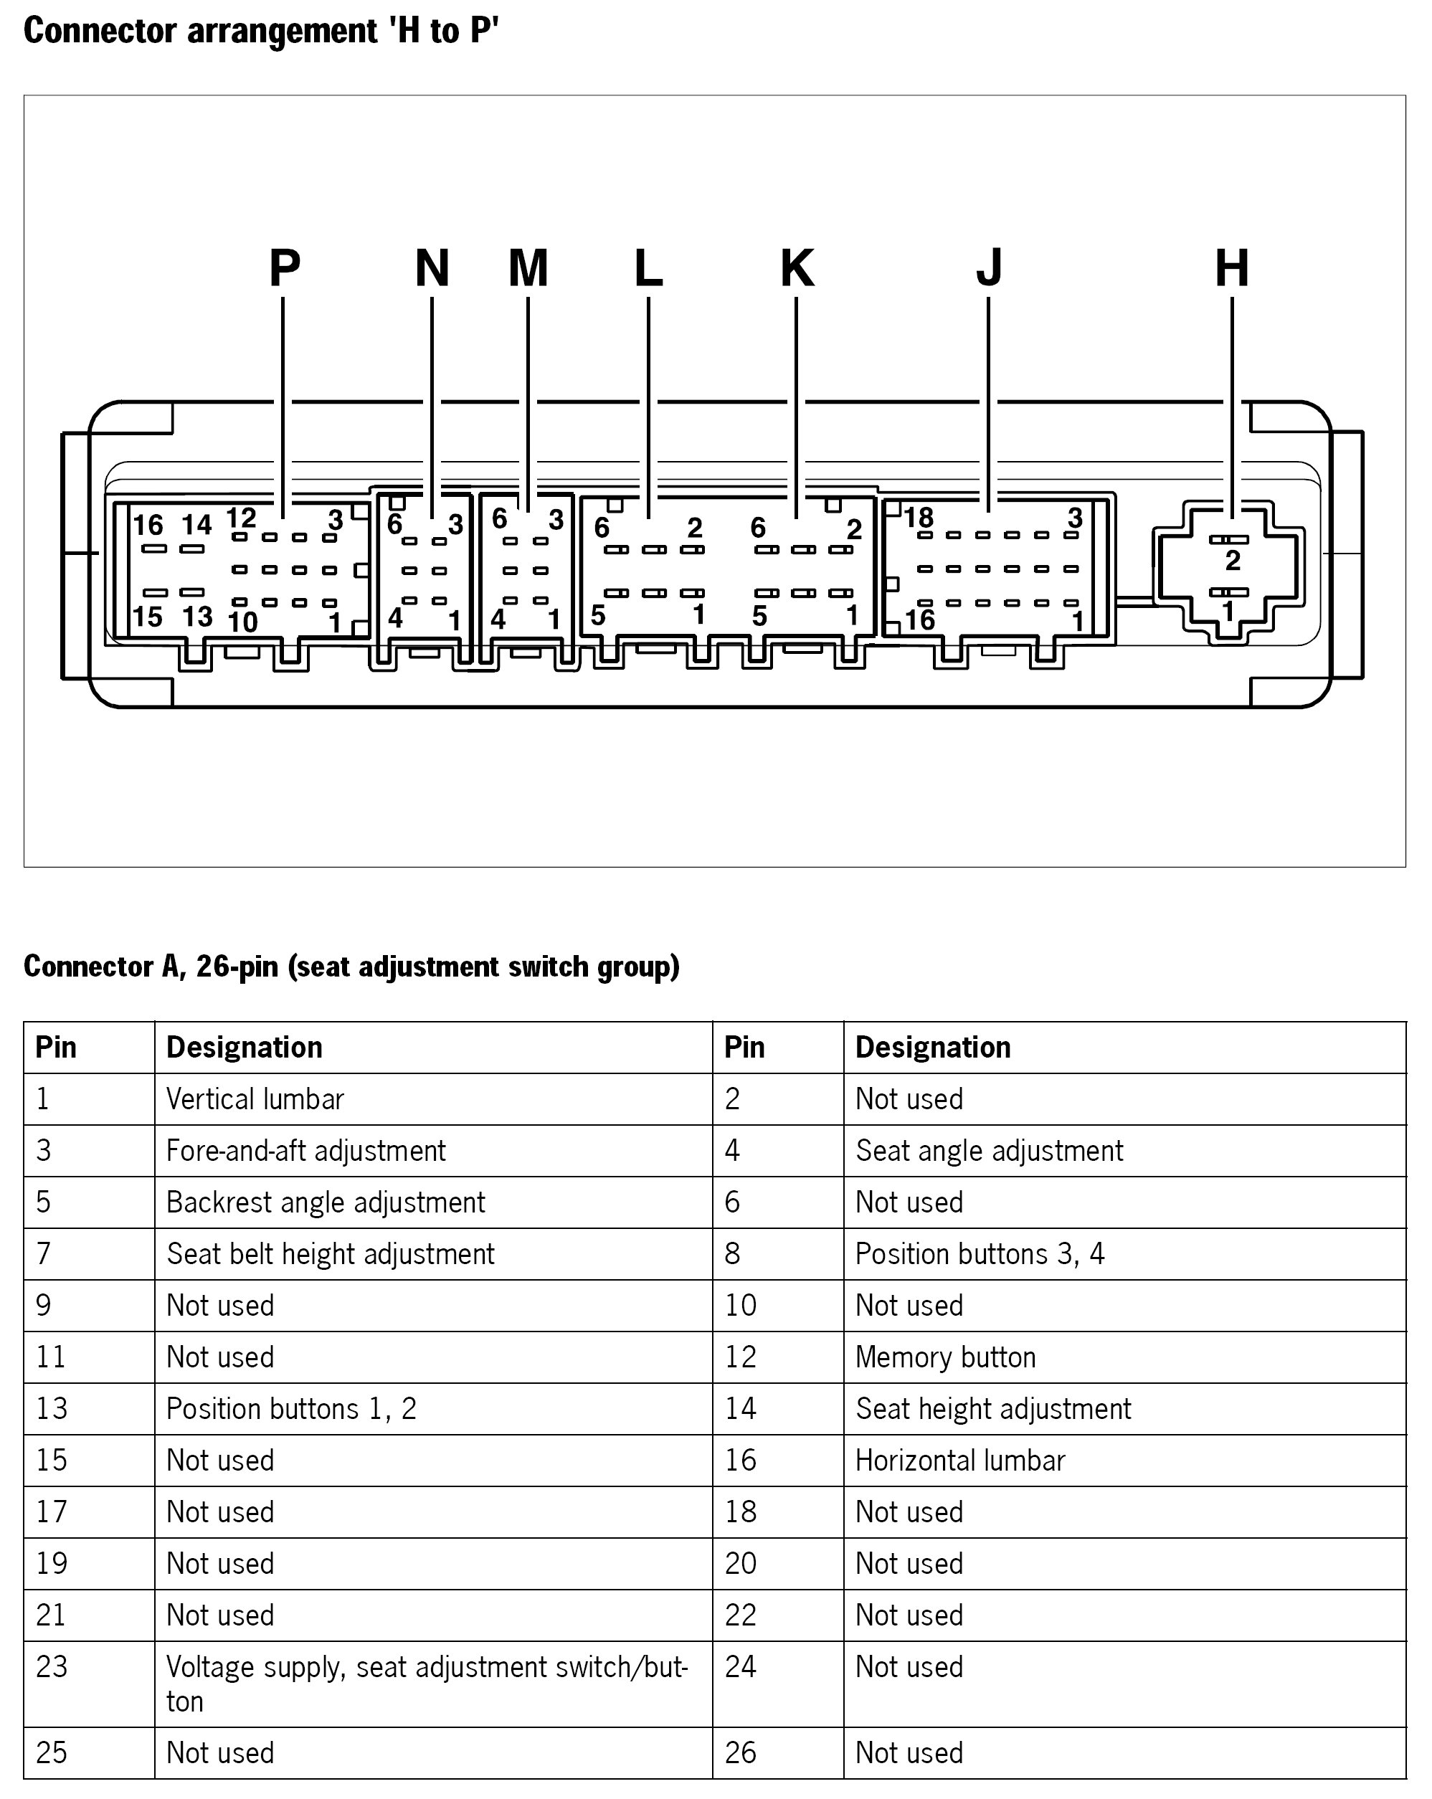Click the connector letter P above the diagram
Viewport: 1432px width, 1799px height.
(x=285, y=268)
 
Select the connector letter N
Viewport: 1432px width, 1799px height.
(x=432, y=268)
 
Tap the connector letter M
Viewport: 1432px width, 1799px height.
(x=528, y=268)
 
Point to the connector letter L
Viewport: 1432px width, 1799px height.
(x=648, y=268)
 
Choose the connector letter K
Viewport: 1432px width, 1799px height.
(x=797, y=268)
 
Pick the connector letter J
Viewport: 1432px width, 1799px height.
(x=989, y=268)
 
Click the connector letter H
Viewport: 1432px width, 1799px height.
(x=1232, y=268)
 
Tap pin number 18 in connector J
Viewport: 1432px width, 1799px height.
(x=919, y=518)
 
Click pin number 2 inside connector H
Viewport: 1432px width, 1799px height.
(x=1233, y=561)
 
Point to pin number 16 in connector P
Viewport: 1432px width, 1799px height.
(x=148, y=525)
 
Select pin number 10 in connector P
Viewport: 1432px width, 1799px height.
(x=243, y=622)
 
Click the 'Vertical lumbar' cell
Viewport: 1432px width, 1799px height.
(x=255, y=1099)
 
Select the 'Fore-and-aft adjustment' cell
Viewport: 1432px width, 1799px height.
(x=306, y=1151)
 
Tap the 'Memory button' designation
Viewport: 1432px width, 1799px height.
(x=946, y=1357)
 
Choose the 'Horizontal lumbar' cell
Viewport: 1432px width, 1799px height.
(x=960, y=1461)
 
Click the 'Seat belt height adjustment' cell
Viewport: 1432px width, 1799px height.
(x=331, y=1253)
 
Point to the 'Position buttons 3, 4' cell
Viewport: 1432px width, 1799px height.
(x=980, y=1253)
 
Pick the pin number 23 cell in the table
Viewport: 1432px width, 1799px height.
(x=52, y=1666)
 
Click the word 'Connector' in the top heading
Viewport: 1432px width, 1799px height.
(x=101, y=31)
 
